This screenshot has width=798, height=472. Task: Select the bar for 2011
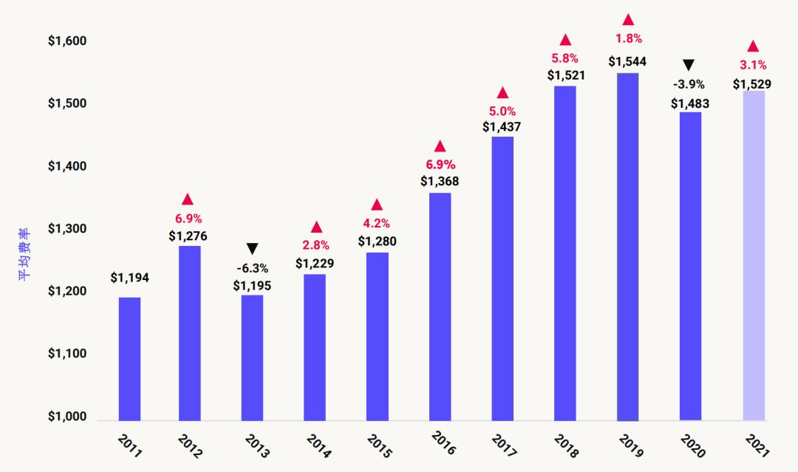130,359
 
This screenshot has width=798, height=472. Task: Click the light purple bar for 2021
752,256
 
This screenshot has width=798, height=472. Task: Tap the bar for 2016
440,307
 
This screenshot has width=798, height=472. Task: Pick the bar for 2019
627,247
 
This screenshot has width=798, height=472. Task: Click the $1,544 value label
627,62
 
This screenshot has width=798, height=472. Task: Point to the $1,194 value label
130,278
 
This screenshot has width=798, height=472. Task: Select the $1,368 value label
440,181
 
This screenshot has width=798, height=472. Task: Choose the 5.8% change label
565,58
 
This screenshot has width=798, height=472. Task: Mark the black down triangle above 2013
253,248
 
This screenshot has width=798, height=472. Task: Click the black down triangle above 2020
689,64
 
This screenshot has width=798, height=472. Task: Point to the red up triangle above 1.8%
628,19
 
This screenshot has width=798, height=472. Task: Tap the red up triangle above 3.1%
753,46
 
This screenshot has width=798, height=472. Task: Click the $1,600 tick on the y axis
67,41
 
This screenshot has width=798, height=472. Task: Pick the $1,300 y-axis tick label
67,229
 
